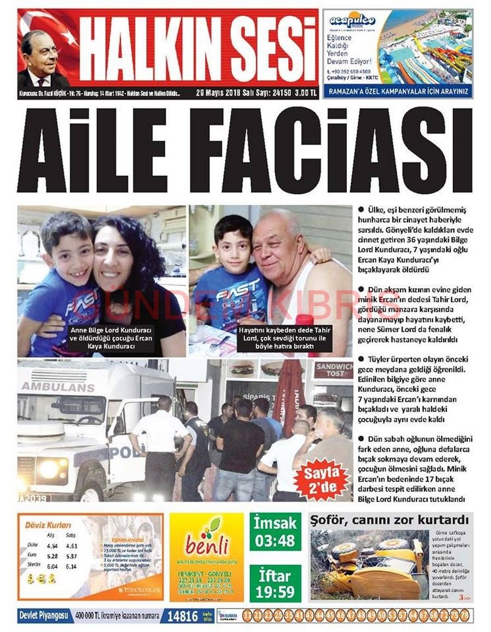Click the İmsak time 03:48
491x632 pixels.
[x=276, y=540]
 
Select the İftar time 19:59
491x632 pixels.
[x=276, y=591]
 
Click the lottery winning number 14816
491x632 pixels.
[x=182, y=616]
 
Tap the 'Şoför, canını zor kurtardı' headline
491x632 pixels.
[x=390, y=520]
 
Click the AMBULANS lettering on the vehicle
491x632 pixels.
[x=58, y=387]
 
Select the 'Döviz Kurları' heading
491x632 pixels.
[x=48, y=525]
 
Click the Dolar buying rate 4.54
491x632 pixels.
[x=52, y=545]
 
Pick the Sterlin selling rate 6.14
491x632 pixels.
[x=71, y=566]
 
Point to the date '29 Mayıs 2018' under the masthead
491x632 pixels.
[x=219, y=93]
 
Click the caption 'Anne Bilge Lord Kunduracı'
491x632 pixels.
[x=111, y=331]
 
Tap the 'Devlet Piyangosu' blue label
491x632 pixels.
[x=44, y=616]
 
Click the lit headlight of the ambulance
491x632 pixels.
[x=49, y=469]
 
